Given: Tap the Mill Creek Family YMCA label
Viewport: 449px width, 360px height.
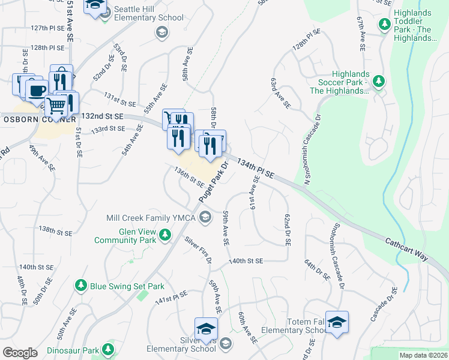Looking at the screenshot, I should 151,217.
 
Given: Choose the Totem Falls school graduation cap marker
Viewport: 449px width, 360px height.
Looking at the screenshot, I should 337,322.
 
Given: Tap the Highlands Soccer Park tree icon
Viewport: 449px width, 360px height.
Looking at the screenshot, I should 378,81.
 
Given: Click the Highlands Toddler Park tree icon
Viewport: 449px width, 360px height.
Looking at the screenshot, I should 385,25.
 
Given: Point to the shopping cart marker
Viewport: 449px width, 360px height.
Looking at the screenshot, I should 56,106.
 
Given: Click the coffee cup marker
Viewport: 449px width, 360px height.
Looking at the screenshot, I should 37,89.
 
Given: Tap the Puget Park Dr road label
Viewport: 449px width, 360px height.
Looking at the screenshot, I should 215,182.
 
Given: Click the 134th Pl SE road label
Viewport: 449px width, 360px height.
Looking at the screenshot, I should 255,169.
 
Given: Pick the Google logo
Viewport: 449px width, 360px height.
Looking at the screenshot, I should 20,353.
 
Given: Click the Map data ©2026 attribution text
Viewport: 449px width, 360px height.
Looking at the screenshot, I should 423,355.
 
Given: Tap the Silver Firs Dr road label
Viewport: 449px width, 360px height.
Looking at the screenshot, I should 198,250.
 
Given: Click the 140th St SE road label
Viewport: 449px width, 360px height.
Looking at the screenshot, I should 246,261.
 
